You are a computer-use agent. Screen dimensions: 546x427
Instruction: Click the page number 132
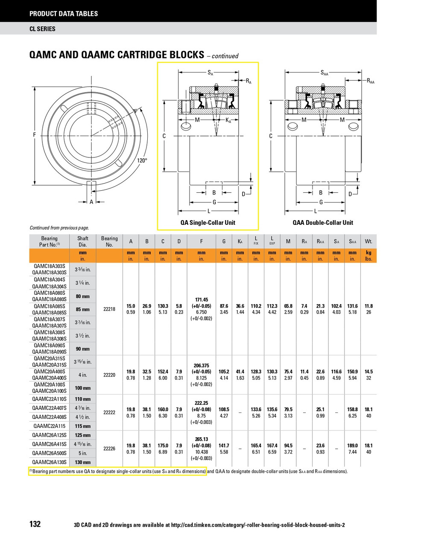[x=35, y=524]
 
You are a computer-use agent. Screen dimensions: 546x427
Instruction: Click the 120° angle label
[x=142, y=160]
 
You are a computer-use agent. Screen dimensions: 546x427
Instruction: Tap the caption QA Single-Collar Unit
[x=208, y=222]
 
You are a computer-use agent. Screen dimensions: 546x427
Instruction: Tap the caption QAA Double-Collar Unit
[x=322, y=222]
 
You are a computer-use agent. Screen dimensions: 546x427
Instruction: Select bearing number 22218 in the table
[x=109, y=309]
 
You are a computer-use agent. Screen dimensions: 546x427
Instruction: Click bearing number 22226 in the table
[x=109, y=448]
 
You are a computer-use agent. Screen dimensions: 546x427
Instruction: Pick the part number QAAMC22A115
[x=49, y=426]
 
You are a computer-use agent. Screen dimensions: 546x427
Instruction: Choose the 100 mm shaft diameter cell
[x=83, y=388]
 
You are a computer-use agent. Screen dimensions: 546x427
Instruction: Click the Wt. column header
[x=369, y=241]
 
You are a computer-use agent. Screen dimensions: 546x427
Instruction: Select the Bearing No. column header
[x=109, y=241]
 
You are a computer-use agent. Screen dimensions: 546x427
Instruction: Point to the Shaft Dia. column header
[x=83, y=241]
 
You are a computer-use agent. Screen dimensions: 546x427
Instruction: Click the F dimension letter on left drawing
[x=35, y=135]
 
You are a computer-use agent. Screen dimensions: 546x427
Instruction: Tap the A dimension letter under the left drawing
[x=91, y=202]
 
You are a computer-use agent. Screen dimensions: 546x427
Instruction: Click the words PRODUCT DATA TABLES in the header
[x=64, y=14]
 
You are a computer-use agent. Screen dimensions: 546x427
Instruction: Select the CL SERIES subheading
[x=42, y=29]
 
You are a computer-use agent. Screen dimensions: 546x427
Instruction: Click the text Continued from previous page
[x=59, y=228]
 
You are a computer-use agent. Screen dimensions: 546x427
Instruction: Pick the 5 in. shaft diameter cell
[x=83, y=453]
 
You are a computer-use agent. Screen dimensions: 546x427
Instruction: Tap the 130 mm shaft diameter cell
[x=83, y=462]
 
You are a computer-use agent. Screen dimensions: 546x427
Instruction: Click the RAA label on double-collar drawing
[x=370, y=81]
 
